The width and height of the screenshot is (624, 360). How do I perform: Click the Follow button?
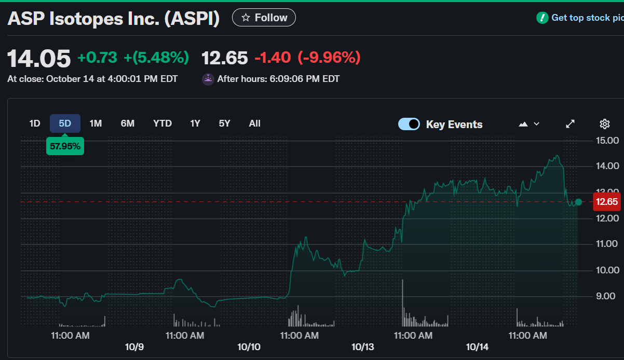point(264,18)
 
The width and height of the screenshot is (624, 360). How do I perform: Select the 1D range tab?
point(35,123)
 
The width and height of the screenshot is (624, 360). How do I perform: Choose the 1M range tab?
point(96,123)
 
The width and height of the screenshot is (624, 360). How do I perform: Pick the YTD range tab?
point(162,123)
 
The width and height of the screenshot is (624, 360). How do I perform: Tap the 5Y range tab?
point(224,123)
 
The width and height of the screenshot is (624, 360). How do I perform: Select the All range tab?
point(254,123)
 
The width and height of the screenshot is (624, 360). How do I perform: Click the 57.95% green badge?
point(65,146)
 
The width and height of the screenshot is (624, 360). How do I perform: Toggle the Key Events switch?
point(409,124)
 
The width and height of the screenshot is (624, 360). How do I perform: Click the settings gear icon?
point(604,124)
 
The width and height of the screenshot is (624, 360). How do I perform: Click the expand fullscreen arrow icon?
point(570,124)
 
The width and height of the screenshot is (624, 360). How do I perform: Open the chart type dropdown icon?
point(529,124)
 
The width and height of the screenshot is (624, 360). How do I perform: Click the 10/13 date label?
point(363,347)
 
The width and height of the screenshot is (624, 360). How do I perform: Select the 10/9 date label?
point(134,347)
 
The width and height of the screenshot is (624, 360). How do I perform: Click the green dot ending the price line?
point(578,202)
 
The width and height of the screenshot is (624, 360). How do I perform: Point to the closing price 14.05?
point(39,58)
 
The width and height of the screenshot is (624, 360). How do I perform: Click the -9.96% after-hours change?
point(329,58)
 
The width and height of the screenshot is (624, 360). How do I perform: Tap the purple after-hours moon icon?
point(208,79)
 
